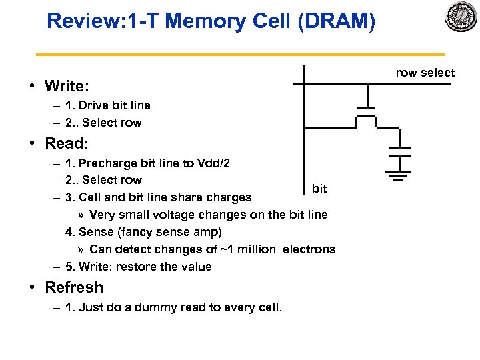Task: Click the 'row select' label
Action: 425,73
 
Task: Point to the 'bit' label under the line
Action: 319,189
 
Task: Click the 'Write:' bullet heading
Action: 67,86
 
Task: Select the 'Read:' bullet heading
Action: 66,143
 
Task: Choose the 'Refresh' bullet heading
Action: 73,287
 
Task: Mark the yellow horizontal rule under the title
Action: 239,54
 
